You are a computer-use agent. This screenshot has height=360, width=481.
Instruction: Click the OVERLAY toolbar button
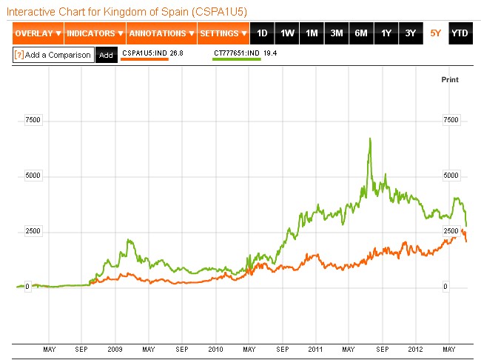(x=38, y=33)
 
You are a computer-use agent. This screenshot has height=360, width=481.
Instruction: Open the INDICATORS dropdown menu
(x=95, y=33)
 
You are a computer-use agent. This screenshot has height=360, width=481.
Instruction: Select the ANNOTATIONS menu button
(x=161, y=33)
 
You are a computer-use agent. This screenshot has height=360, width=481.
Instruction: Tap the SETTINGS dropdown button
(x=223, y=33)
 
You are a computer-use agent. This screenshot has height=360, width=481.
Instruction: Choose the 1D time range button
(x=262, y=33)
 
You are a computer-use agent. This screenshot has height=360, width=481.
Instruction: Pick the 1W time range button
(x=287, y=33)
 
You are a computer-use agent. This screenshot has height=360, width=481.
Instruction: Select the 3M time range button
(x=337, y=33)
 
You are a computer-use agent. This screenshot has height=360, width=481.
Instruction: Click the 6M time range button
(x=361, y=33)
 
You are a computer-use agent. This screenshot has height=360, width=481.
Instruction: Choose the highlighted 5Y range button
(x=435, y=33)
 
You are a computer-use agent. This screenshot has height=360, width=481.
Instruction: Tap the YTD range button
(x=460, y=33)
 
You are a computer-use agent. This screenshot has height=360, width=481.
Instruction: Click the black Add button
(x=106, y=55)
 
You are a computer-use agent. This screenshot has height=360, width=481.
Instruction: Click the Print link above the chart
(x=450, y=79)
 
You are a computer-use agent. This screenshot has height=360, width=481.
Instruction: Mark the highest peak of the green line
(x=369, y=139)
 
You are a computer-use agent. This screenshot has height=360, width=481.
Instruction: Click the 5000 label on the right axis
(x=451, y=176)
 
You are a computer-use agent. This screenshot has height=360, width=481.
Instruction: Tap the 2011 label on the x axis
(x=316, y=348)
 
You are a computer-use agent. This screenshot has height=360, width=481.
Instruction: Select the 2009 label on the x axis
(x=115, y=348)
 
